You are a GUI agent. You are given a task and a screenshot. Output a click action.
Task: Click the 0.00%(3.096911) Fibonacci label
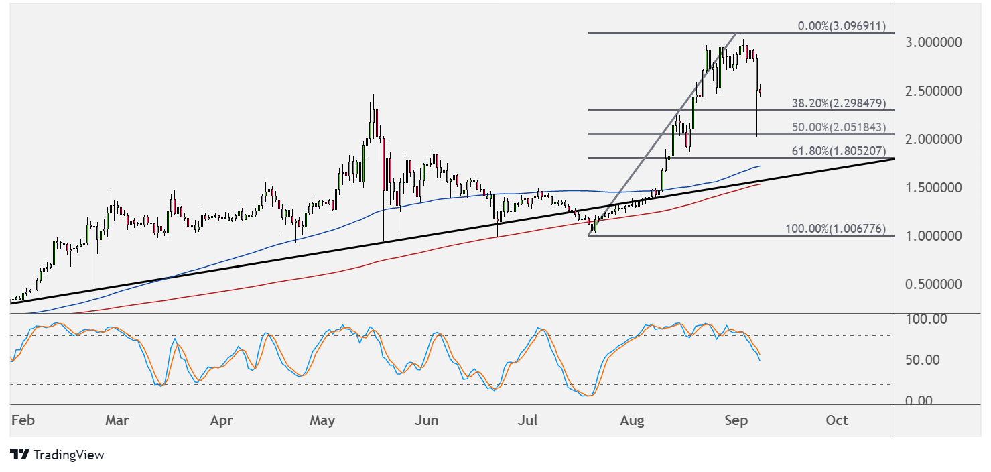point(842,27)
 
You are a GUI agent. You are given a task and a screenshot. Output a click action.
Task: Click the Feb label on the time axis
point(23,420)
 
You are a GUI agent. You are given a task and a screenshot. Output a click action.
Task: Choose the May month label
point(322,420)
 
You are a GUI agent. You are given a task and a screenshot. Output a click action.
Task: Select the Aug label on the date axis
point(632,420)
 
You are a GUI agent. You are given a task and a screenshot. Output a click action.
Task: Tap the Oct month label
point(837,420)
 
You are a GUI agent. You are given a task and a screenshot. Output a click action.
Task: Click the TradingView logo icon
point(20,455)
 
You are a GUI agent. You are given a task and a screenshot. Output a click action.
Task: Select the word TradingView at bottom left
point(68,455)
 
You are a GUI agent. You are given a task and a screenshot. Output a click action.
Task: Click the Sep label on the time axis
point(736,420)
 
